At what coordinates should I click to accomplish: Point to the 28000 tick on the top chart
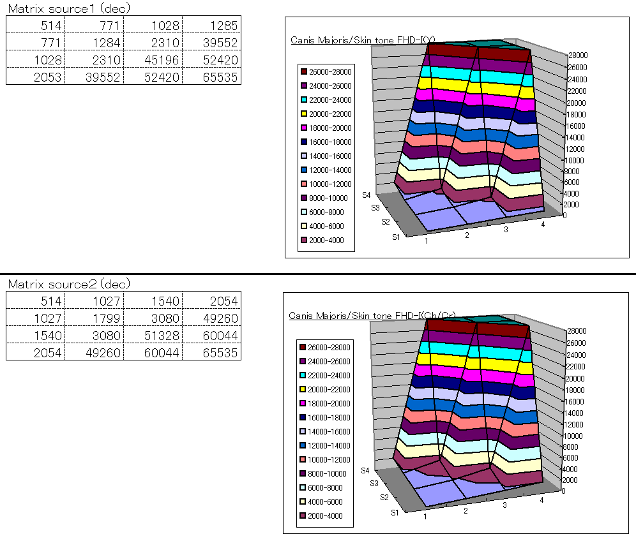point(579,56)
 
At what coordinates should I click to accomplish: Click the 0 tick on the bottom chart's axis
point(564,491)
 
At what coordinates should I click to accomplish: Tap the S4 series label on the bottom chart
point(365,470)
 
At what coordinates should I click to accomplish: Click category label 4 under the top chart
point(543,225)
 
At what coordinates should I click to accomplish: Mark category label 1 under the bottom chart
point(425,515)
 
